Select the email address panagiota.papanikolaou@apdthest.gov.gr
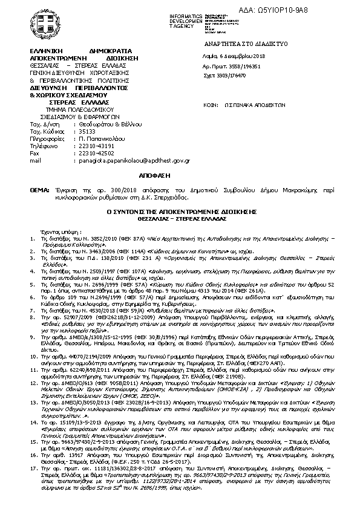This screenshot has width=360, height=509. [135, 161]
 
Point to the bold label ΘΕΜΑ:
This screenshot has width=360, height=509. [39, 190]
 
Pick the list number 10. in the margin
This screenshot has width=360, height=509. [33, 359]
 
